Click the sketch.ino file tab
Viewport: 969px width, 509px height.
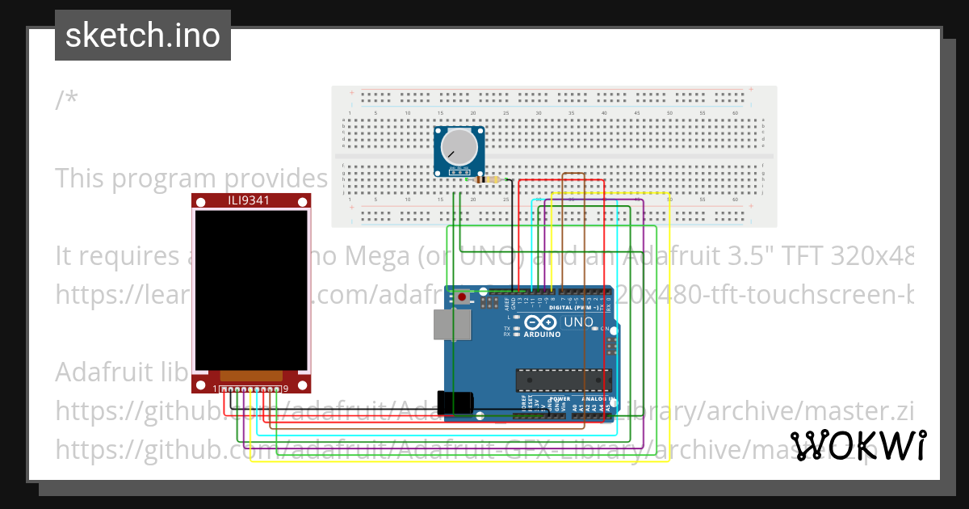[143, 36]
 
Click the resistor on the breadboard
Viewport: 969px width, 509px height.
[489, 180]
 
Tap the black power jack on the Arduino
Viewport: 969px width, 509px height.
[452, 402]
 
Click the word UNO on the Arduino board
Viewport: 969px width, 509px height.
[577, 322]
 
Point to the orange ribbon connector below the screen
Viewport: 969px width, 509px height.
[251, 376]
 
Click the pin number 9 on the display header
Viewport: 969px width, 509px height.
[286, 389]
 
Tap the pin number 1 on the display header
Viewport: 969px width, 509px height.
[216, 389]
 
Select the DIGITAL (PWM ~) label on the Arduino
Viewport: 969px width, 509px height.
[573, 308]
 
